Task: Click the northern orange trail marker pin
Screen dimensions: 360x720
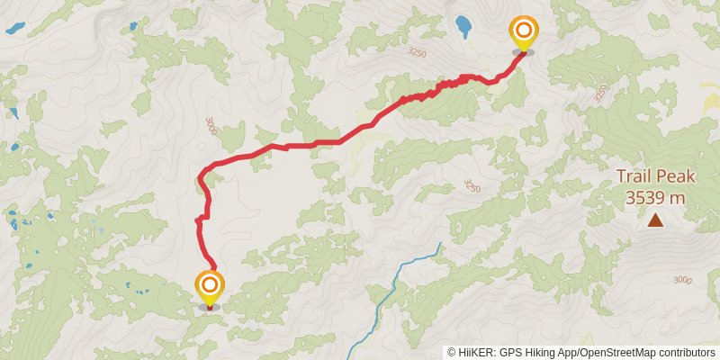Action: coord(523,32)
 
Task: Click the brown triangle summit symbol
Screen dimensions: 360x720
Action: coord(656,220)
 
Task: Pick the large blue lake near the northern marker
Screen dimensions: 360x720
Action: coord(464,25)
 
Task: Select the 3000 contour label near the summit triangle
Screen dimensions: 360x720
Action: coord(682,281)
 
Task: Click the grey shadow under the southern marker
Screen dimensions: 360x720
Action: coord(210,307)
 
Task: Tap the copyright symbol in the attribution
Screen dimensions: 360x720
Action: coord(452,352)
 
